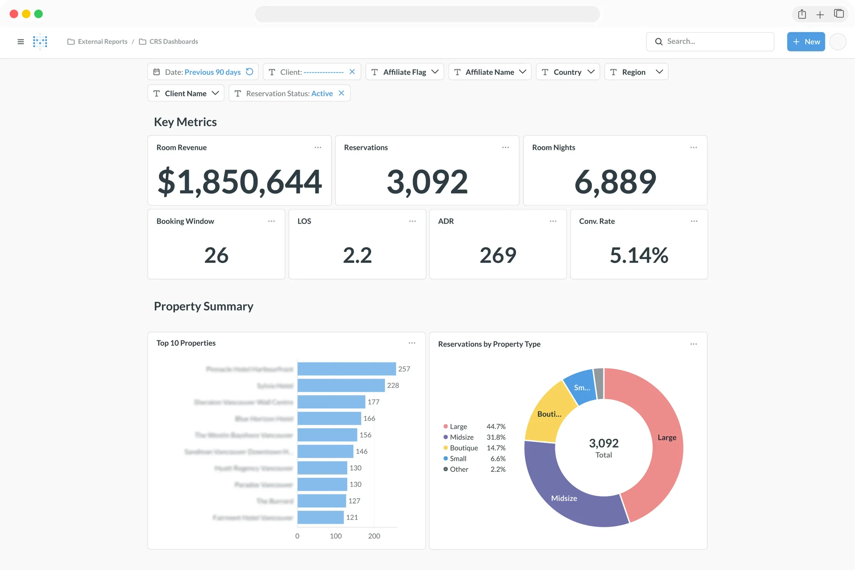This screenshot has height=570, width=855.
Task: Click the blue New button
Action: [x=806, y=41]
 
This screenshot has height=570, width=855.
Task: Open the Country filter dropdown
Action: [x=567, y=72]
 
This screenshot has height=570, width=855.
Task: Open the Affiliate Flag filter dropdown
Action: [x=404, y=72]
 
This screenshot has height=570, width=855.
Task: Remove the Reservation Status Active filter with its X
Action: [x=341, y=93]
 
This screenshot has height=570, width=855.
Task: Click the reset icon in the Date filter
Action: [x=249, y=71]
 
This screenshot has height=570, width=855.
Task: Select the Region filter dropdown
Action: [x=636, y=72]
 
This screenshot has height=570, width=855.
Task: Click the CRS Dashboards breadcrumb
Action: [x=173, y=41]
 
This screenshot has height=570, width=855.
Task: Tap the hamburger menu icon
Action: [x=21, y=41]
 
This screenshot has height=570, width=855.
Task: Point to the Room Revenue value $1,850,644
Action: [x=239, y=181]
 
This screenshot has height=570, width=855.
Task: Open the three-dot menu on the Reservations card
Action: [x=505, y=148]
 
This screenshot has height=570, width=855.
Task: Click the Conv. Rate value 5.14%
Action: [x=639, y=255]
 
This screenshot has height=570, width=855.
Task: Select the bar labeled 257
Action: [x=346, y=369]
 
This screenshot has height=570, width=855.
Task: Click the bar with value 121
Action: [x=320, y=517]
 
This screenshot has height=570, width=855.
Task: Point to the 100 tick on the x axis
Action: [x=336, y=536]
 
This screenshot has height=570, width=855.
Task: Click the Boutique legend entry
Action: [x=464, y=448]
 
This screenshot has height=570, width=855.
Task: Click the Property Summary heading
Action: [x=204, y=306]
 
